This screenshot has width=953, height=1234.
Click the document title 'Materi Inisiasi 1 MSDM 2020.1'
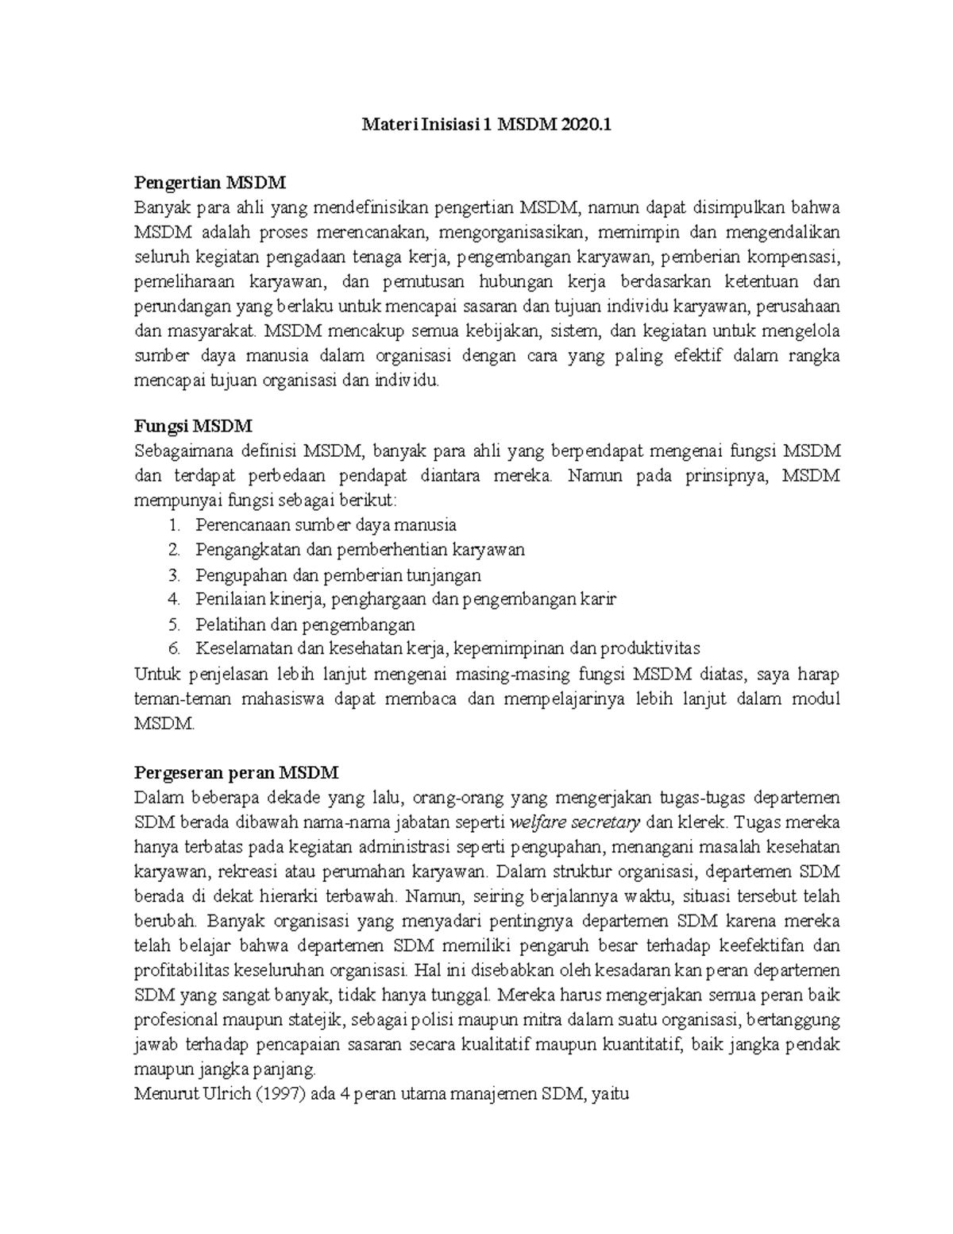coord(488,125)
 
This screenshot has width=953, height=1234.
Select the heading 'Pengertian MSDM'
coord(209,183)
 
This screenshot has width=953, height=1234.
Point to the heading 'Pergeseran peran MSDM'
coord(237,772)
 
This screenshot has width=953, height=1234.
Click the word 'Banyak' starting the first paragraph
coord(159,207)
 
